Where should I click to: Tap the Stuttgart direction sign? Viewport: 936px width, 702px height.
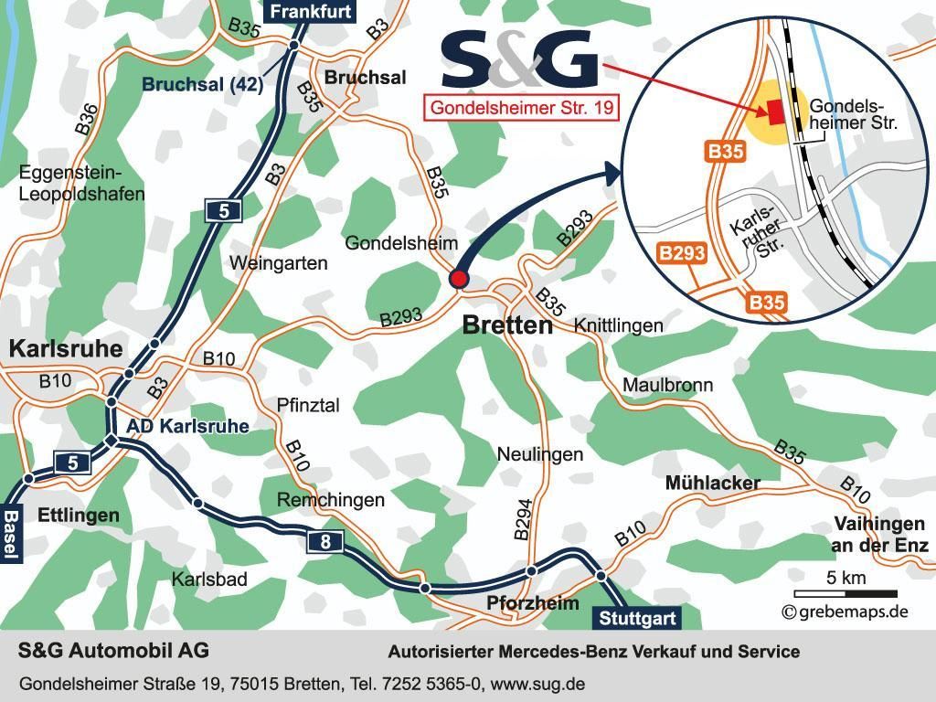639,619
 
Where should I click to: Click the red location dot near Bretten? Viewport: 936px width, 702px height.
459,279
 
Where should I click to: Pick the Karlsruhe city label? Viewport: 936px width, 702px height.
65,349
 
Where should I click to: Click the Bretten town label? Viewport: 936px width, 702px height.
507,325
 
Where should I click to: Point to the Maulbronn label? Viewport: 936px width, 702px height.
667,385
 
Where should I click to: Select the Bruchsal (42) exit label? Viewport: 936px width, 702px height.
202,84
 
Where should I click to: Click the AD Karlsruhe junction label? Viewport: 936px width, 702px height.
187,426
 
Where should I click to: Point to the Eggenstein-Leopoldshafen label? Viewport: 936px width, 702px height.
81,183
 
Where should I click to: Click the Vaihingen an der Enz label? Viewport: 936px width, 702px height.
879,535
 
